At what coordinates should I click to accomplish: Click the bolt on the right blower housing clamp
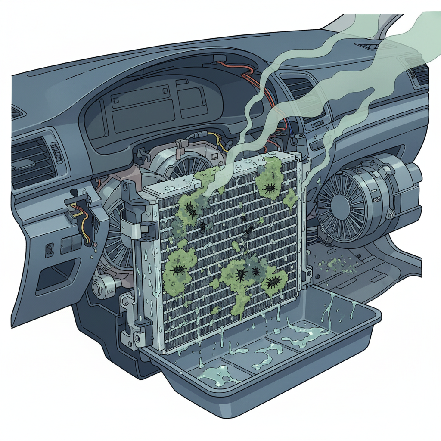(x=391, y=214)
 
